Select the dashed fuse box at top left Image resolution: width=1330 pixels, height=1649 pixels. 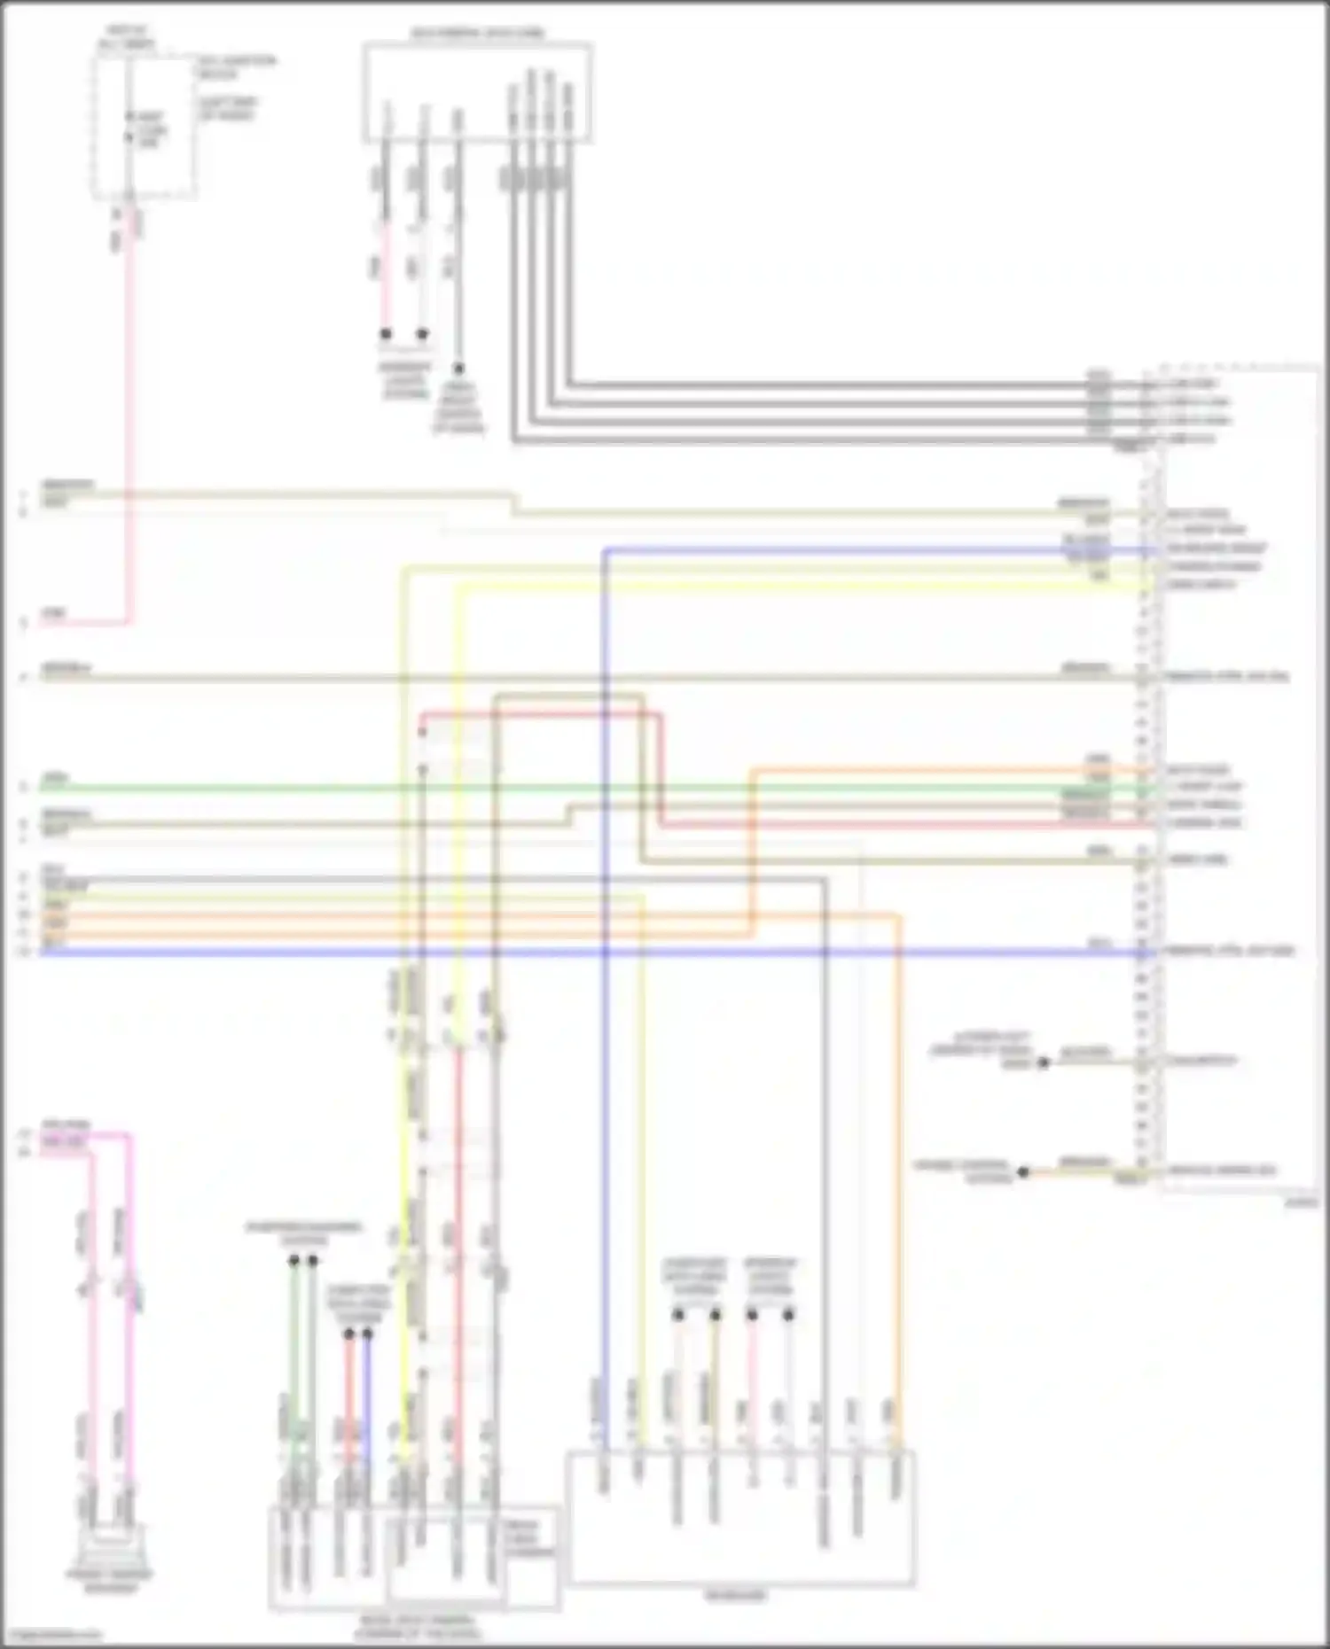(145, 127)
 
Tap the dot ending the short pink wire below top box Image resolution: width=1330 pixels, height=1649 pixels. (386, 334)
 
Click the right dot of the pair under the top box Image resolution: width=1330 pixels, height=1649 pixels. (423, 334)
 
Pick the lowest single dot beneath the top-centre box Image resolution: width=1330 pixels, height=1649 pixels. (458, 368)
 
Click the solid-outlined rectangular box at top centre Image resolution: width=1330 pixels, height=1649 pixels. (477, 91)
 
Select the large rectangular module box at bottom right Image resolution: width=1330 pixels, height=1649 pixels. (741, 1518)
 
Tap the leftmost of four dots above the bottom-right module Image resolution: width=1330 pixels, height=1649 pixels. (678, 1314)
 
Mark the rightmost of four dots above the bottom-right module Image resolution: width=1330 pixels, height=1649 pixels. (788, 1314)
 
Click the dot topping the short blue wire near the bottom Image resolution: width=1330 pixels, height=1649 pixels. (367, 1334)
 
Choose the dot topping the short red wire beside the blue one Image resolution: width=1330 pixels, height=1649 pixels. (348, 1334)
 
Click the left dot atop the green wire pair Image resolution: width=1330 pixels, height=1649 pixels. (293, 1260)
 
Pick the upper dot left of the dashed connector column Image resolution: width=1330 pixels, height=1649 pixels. (1044, 1062)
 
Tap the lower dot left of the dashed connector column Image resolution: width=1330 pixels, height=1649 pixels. (1023, 1171)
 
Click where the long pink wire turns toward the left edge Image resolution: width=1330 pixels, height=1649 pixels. (129, 622)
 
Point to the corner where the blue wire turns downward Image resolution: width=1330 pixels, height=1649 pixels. (605, 550)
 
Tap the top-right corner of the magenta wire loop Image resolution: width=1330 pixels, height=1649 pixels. (129, 1135)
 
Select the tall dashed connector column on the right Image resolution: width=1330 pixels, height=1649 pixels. (1150, 780)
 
